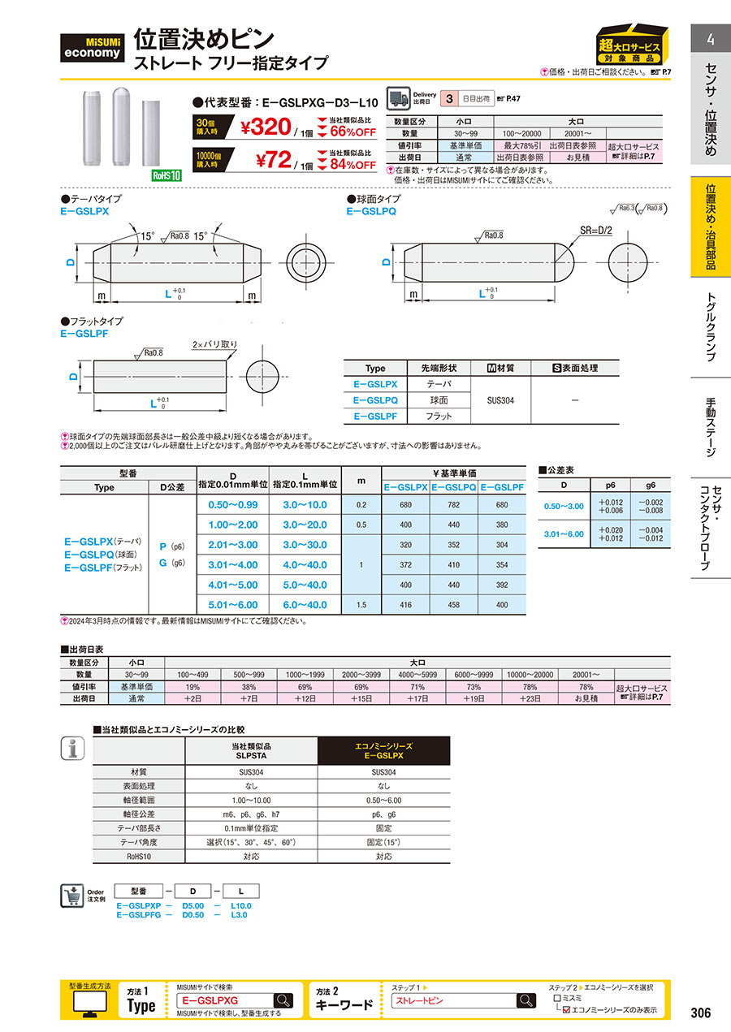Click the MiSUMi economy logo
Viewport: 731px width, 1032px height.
(x=92, y=48)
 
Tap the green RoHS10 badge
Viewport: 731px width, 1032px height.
(x=167, y=175)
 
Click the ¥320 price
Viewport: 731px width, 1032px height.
(x=266, y=127)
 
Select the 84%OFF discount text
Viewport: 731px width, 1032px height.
(x=353, y=165)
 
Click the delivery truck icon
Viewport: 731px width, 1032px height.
(x=398, y=98)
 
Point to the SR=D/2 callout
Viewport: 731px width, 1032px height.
(x=596, y=231)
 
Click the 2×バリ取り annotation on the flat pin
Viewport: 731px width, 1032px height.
(x=214, y=344)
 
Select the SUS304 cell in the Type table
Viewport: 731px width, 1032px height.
(x=500, y=400)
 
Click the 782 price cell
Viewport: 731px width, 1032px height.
(x=453, y=505)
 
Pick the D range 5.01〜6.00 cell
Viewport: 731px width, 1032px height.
(x=233, y=605)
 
